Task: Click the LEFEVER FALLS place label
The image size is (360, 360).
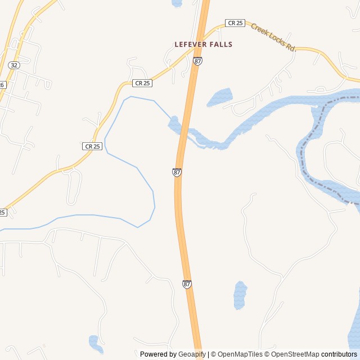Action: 203,44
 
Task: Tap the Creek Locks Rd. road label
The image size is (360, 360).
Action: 273,37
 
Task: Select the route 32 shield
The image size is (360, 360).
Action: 15,65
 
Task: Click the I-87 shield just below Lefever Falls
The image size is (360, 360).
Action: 197,61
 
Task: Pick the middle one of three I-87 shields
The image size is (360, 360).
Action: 177,172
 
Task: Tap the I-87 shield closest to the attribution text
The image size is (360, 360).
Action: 187,284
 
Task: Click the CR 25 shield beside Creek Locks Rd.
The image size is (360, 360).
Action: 235,23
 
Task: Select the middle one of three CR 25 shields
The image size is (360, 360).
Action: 142,83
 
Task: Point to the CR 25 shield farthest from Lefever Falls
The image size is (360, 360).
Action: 92,146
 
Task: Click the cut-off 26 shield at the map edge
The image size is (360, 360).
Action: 2,84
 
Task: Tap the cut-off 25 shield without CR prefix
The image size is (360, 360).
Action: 3,213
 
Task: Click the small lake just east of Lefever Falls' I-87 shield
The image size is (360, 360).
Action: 220,97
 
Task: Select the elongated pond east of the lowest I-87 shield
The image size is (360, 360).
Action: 240,295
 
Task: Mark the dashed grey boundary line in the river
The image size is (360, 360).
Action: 304,146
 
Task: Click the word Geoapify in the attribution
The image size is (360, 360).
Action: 192,354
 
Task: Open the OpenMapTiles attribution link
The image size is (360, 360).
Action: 240,354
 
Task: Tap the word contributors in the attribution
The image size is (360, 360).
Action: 339,354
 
